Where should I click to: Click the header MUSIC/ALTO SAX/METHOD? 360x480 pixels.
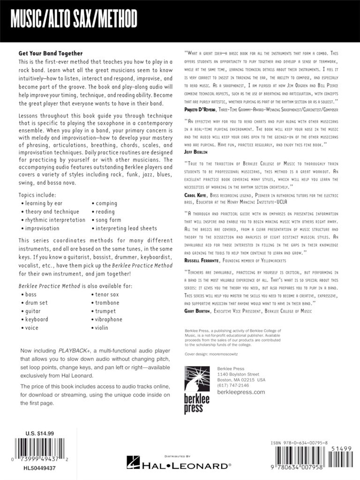74,20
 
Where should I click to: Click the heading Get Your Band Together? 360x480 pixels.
51,53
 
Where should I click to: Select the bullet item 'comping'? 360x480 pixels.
106,203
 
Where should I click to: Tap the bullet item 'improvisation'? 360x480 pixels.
42,228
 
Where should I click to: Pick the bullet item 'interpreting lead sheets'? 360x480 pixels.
126,228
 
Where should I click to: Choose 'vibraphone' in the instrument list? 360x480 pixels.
109,319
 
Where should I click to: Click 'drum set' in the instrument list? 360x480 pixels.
37,303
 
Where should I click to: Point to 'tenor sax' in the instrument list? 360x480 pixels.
107,294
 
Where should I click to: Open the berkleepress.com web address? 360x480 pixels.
241,392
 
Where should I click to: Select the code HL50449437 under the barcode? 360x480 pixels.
39,468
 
